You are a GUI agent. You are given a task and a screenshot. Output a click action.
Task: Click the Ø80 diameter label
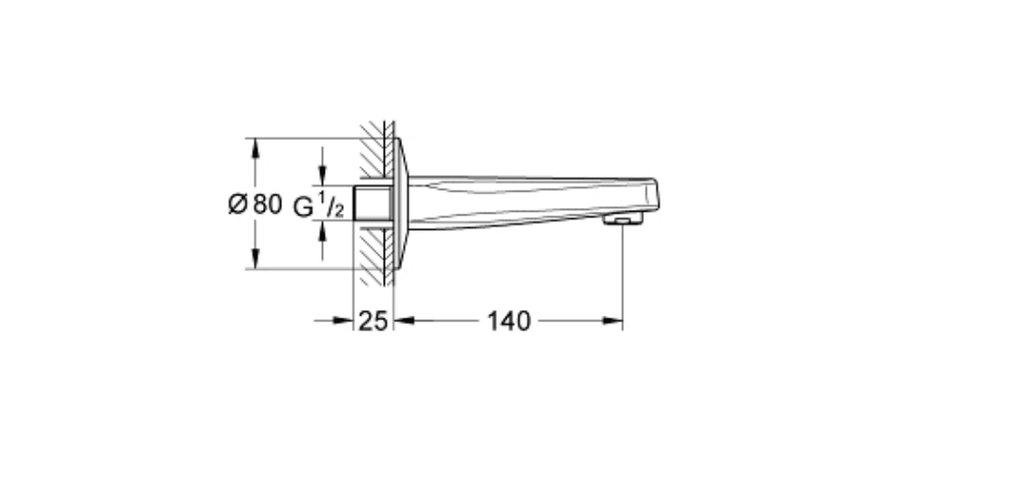pos(255,204)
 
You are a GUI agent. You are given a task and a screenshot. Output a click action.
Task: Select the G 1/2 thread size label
pos(318,205)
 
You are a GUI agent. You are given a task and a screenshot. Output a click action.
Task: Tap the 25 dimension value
pos(373,320)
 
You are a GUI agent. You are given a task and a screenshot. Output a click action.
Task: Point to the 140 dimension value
pos(508,320)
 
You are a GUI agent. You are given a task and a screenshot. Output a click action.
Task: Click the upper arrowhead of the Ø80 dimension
pos(255,148)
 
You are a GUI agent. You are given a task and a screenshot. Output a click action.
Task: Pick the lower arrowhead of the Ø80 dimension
pos(255,258)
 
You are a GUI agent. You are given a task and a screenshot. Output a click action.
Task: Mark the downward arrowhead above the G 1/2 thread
pos(321,175)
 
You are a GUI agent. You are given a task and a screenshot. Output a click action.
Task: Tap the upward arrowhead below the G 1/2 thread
pos(321,232)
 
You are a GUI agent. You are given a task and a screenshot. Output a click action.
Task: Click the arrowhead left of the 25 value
pos(343,320)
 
